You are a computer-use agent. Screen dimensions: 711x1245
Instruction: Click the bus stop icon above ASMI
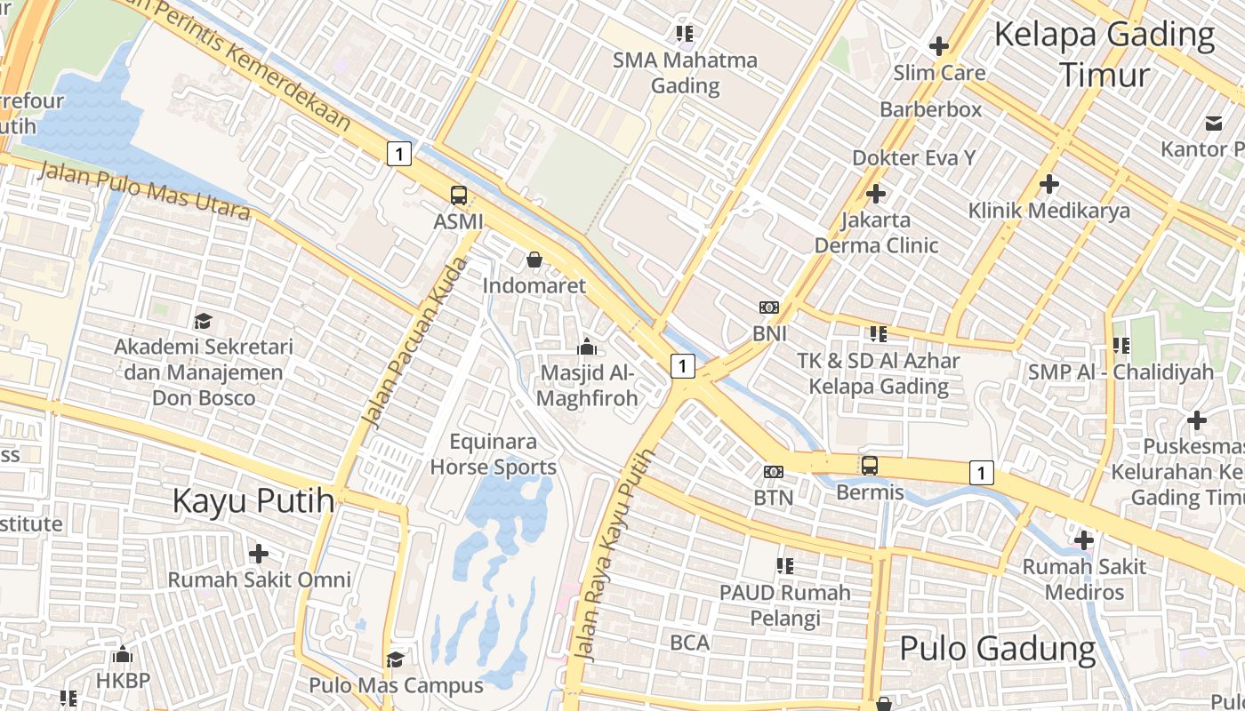click(x=459, y=196)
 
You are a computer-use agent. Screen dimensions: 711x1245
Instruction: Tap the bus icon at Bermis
click(x=870, y=465)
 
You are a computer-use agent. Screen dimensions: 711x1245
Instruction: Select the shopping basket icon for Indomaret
click(x=534, y=260)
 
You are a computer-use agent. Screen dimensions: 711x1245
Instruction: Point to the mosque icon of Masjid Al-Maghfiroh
click(x=587, y=346)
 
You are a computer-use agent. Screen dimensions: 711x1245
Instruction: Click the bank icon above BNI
click(x=769, y=308)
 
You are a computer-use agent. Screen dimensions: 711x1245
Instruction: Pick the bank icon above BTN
click(x=774, y=472)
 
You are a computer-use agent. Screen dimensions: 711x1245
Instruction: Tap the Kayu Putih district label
click(x=253, y=500)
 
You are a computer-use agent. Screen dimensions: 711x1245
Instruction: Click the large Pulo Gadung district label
click(x=998, y=649)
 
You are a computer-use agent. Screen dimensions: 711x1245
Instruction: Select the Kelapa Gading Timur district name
click(x=1104, y=54)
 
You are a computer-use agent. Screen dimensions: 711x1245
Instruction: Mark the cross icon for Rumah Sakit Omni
click(x=259, y=554)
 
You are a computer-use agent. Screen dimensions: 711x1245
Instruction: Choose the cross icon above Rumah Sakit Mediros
click(x=1083, y=539)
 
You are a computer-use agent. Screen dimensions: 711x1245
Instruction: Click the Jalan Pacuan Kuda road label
click(x=416, y=342)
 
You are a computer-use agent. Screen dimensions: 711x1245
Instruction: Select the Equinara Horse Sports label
click(x=493, y=454)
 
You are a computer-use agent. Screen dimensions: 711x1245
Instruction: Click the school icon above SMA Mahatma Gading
click(x=684, y=34)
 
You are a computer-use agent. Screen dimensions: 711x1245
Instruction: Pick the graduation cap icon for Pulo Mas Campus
click(x=395, y=659)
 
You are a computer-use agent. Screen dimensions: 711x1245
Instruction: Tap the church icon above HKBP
click(x=123, y=655)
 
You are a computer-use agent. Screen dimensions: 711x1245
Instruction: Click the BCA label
click(x=690, y=642)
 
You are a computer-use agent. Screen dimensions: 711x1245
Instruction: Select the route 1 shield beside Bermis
click(x=981, y=473)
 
